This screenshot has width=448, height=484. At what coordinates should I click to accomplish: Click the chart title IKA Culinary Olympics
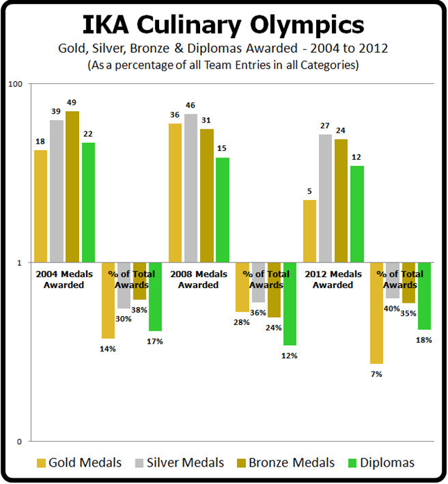click(x=224, y=25)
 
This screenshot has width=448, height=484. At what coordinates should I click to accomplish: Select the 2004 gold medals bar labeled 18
click(x=41, y=206)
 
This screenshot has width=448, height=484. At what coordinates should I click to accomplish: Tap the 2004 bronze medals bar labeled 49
click(x=72, y=187)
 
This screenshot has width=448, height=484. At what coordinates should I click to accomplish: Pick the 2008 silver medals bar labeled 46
click(x=191, y=188)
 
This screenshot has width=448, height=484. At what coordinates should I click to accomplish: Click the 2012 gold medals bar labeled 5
click(x=309, y=231)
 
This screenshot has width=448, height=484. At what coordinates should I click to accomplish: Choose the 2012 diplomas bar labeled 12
click(x=357, y=214)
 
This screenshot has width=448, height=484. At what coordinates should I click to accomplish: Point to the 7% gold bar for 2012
click(x=376, y=313)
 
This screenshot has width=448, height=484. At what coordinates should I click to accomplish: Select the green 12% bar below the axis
click(x=290, y=304)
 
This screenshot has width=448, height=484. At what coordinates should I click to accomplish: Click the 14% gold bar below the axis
click(x=108, y=300)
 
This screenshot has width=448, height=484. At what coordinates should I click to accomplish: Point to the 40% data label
click(x=392, y=308)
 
